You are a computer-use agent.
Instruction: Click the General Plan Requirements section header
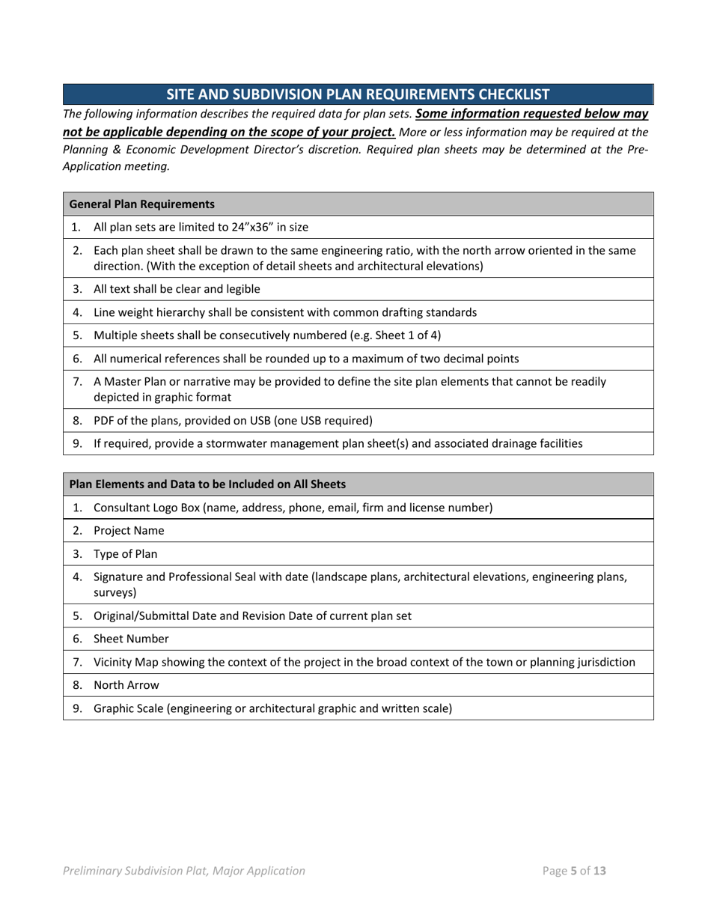click(141, 204)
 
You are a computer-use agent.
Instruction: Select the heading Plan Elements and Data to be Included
click(207, 484)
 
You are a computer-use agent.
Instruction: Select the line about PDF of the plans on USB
click(232, 420)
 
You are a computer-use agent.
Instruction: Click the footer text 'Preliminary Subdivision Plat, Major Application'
click(184, 871)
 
